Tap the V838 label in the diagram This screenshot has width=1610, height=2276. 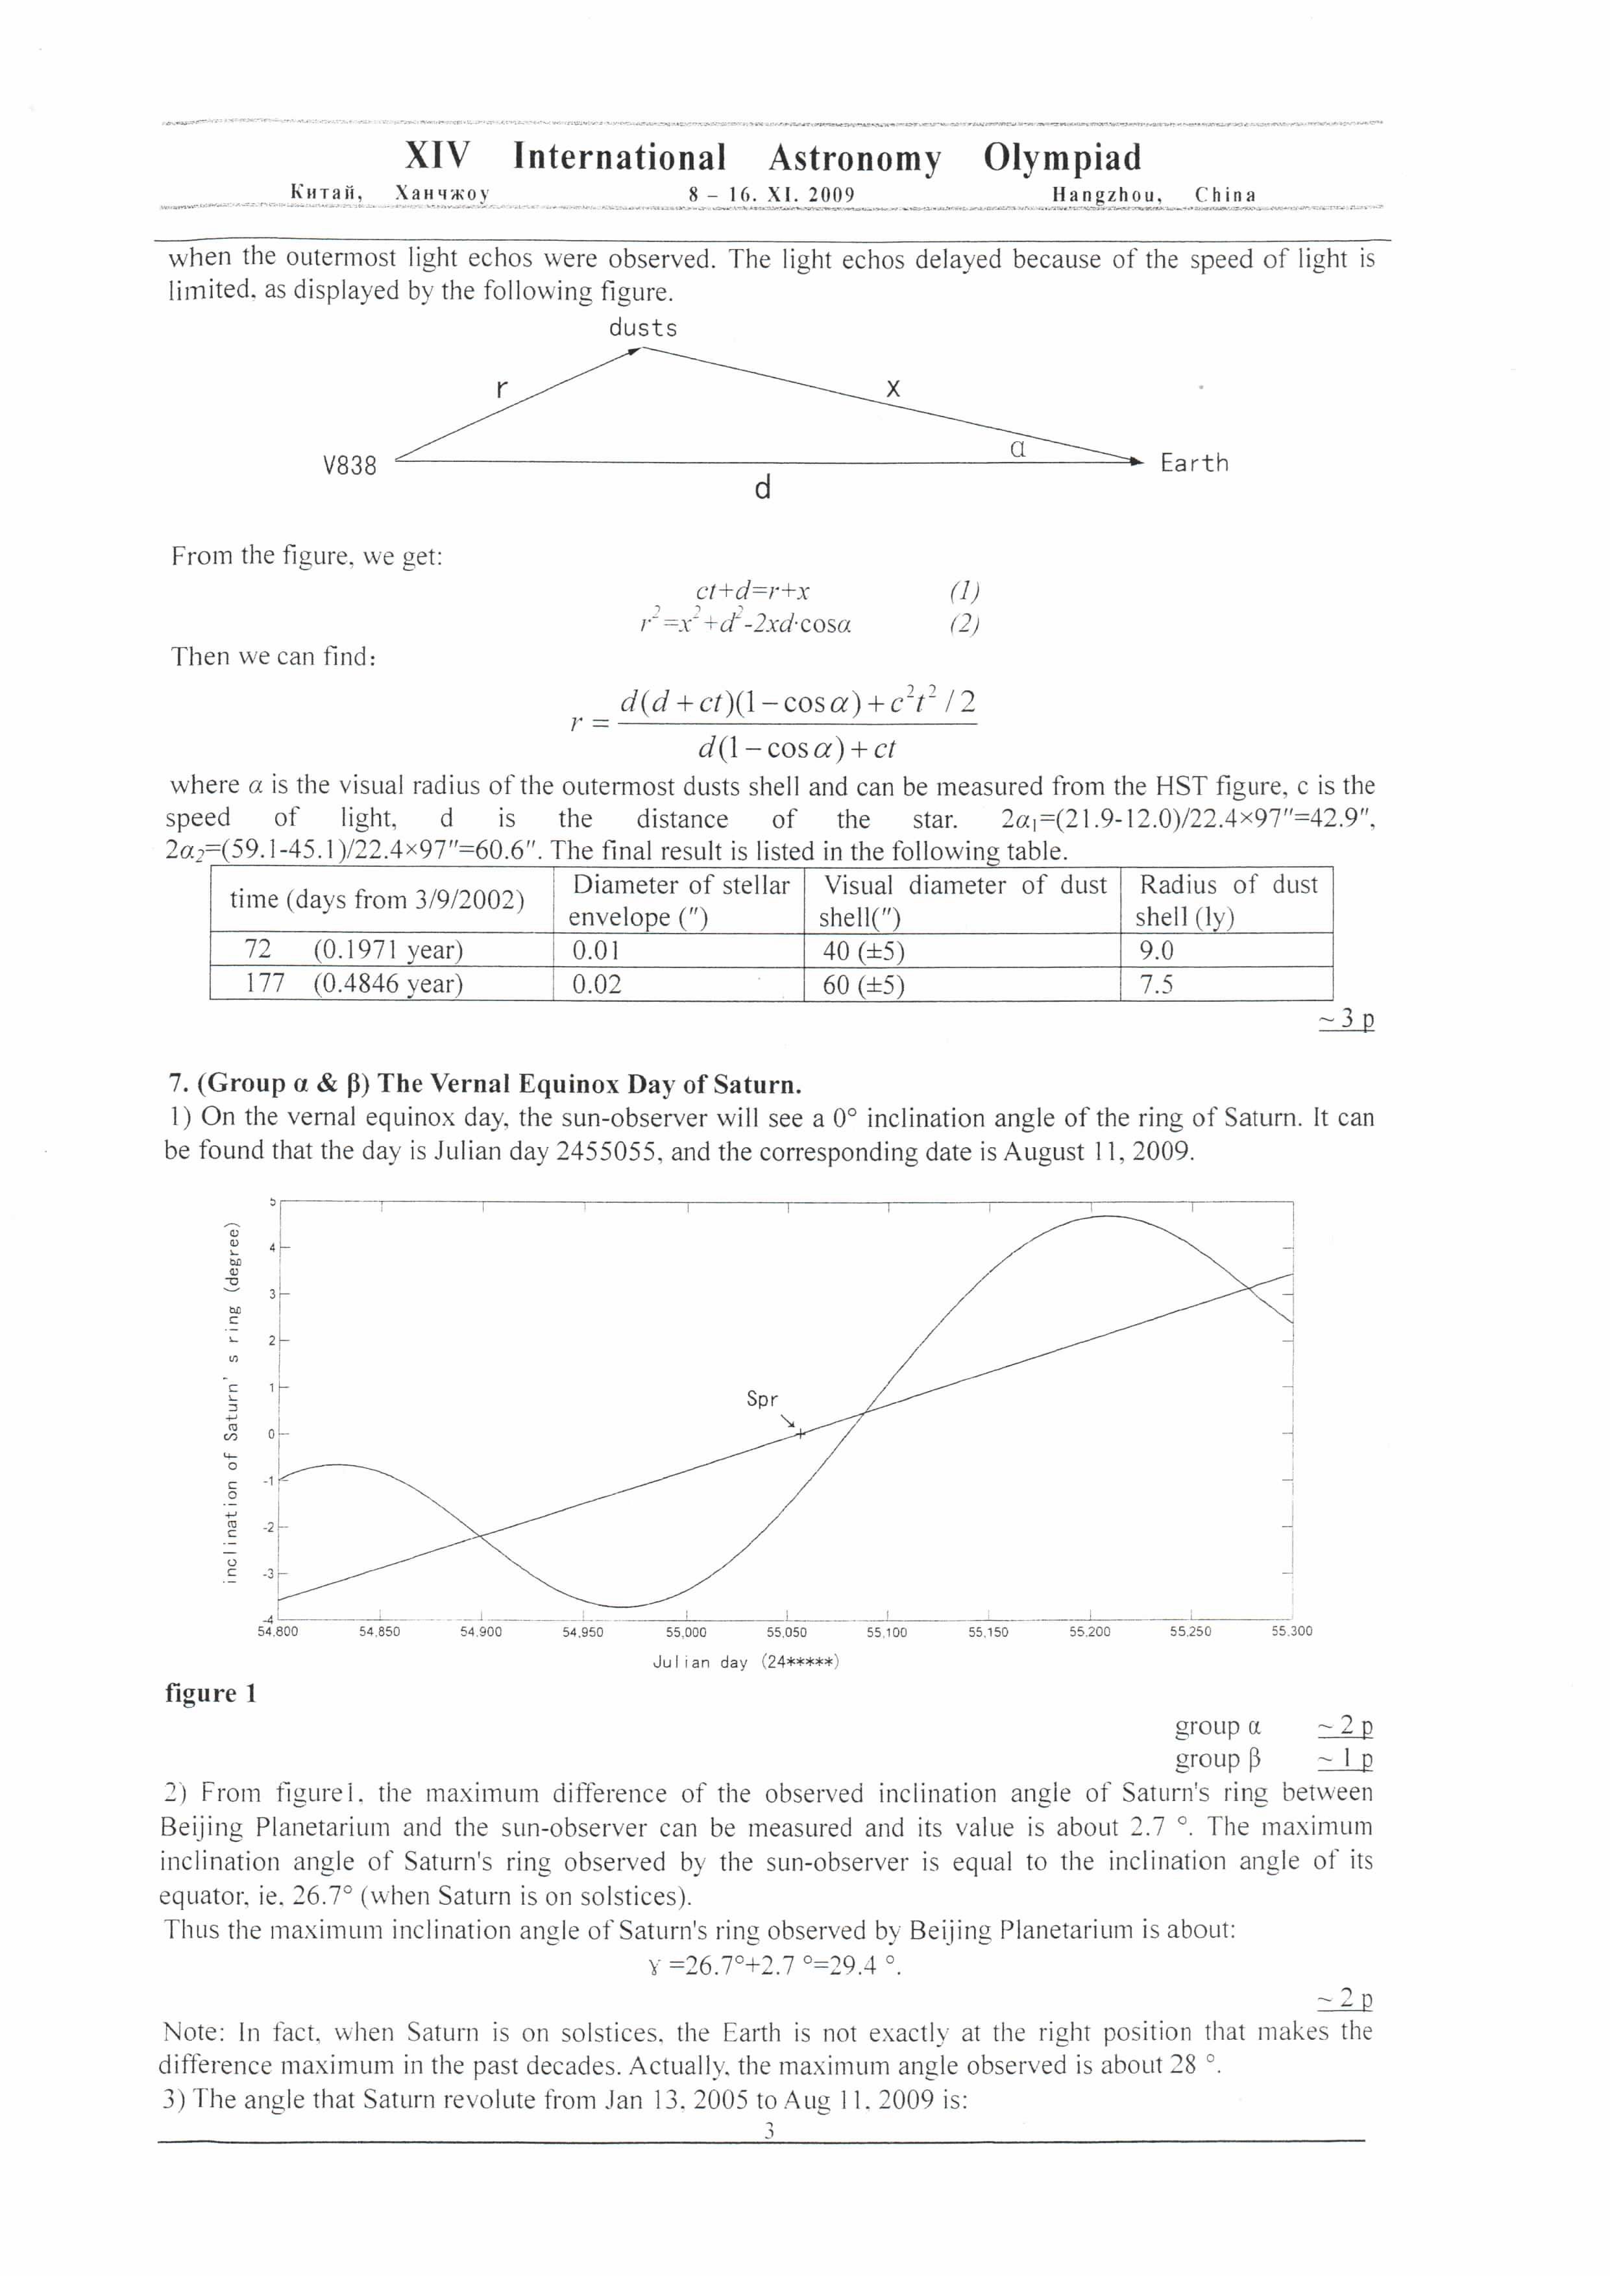pyautogui.click(x=350, y=465)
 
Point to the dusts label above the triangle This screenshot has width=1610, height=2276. pyautogui.click(x=642, y=328)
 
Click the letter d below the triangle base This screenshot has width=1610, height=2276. pyautogui.click(x=762, y=488)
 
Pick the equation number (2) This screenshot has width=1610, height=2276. pyautogui.click(x=964, y=623)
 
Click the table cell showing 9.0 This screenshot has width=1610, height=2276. pyautogui.click(x=1156, y=950)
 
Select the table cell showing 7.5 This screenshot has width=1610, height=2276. pyautogui.click(x=1156, y=984)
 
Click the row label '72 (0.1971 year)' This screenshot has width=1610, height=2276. pyautogui.click(x=354, y=950)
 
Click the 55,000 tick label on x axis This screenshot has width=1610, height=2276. pyautogui.click(x=686, y=1632)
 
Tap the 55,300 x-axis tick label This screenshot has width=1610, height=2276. pyautogui.click(x=1292, y=1632)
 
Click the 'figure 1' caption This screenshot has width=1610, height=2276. pyautogui.click(x=211, y=1693)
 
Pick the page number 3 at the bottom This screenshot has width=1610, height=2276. pyautogui.click(x=770, y=2130)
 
